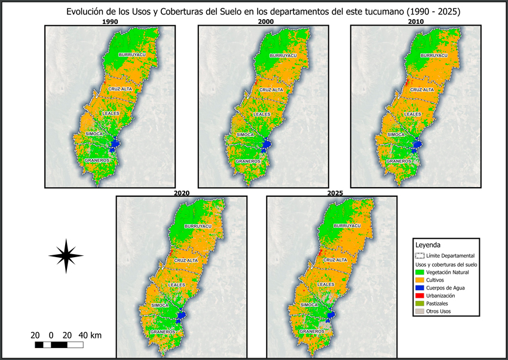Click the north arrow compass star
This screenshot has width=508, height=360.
[66, 255]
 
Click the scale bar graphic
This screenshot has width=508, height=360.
[59, 345]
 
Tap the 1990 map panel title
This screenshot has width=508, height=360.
[110, 22]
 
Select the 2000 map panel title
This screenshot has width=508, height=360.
[264, 22]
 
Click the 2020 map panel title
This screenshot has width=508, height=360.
[182, 194]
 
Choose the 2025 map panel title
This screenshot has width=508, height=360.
[332, 194]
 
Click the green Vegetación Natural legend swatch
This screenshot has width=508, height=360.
[420, 272]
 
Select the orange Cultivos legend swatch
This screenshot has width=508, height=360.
[420, 280]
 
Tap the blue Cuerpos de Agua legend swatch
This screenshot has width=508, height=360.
[420, 288]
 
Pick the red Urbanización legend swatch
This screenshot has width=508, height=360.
[420, 295]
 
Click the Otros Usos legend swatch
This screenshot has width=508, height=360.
[420, 311]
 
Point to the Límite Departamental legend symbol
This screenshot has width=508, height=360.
[420, 255]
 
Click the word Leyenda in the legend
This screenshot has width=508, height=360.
[428, 245]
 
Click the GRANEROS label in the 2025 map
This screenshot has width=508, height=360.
[312, 331]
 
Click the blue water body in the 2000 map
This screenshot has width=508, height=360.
[266, 144]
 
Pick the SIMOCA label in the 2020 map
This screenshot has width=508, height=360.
[159, 305]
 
